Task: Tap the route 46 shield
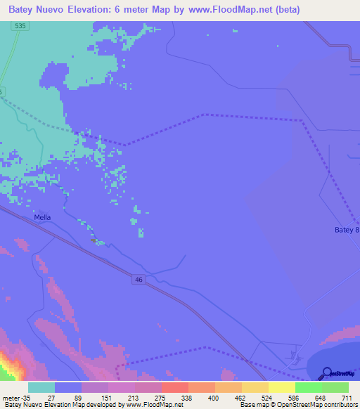coord(139,280)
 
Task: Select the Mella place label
coord(42,218)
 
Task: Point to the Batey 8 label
coord(347,230)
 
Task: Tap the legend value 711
coord(347,398)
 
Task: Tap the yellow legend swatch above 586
coord(281,387)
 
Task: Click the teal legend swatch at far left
coord(41,387)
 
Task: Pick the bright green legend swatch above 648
coord(308,387)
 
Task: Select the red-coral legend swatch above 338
coord(174,387)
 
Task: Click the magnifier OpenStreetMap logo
coord(327,374)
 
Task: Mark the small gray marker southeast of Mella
coord(93,240)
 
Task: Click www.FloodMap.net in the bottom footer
coord(155,405)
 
